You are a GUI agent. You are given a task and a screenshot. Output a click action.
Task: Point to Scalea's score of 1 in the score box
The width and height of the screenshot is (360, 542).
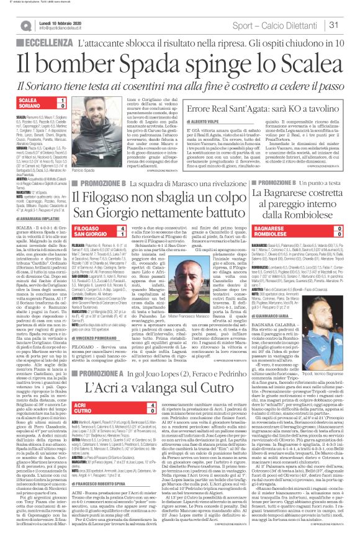62,100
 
